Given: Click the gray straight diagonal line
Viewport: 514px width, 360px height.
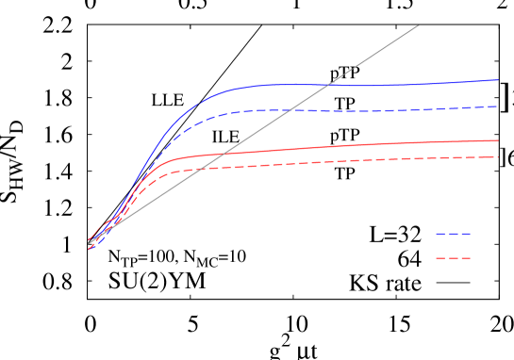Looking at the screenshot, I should pyautogui.click(x=377, y=53).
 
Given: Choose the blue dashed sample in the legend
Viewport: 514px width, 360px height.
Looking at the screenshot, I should pyautogui.click(x=453, y=234).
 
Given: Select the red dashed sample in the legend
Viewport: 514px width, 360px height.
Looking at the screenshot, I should pyautogui.click(x=453, y=258).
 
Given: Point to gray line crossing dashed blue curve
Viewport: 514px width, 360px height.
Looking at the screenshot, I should pyautogui.click(x=287, y=110).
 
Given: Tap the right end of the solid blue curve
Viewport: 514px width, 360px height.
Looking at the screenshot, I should pyautogui.click(x=498, y=80).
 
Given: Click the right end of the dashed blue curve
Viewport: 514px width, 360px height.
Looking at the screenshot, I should pyautogui.click(x=498, y=106).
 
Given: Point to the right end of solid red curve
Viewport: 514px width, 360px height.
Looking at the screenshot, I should pyautogui.click(x=498, y=140).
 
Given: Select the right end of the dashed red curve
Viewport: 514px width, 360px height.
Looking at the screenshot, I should pyautogui.click(x=498, y=157).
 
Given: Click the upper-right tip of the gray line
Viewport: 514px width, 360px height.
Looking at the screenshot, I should pyautogui.click(x=418, y=25).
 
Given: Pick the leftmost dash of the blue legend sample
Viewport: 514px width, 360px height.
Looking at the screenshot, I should pyautogui.click(x=439, y=234).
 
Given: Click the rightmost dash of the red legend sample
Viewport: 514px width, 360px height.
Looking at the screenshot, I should pyautogui.click(x=466, y=258).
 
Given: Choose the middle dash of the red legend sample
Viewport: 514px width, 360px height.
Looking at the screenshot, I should pyautogui.click(x=453, y=258).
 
